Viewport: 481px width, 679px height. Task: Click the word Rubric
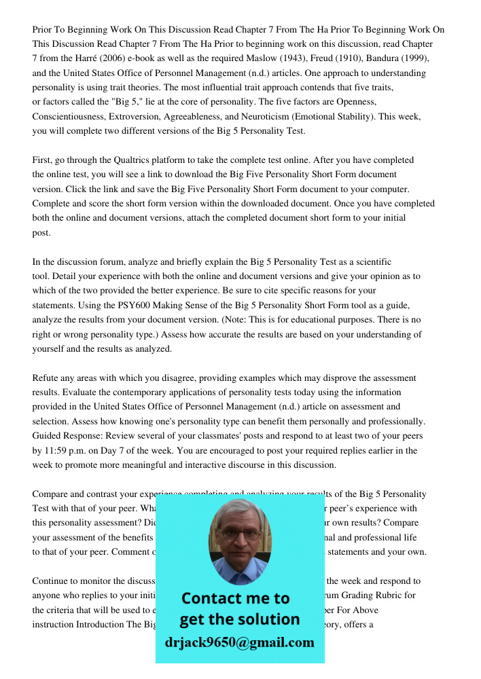point(399,595)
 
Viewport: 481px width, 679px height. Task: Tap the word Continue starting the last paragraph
point(50,581)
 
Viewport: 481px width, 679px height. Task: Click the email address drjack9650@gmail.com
point(239,642)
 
